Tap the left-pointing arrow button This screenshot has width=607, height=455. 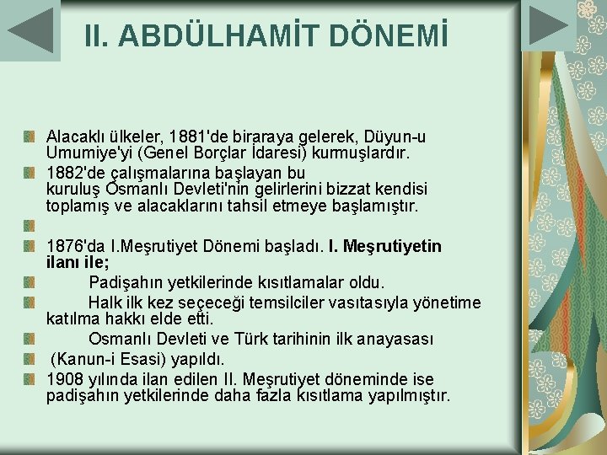click(30, 30)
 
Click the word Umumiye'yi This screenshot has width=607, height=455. click(86, 153)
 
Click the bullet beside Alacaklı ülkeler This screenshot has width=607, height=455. click(29, 136)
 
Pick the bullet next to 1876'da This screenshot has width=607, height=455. click(29, 245)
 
